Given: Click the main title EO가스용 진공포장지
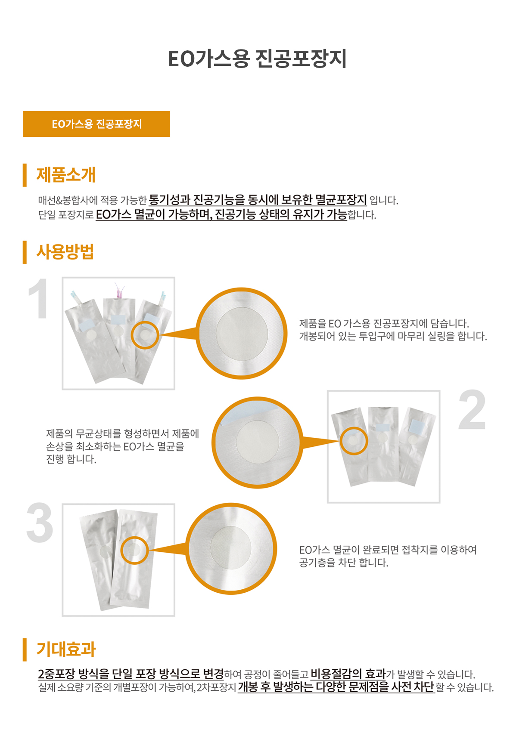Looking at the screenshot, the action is pos(257,59).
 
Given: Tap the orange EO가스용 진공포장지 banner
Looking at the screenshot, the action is pos(96,124).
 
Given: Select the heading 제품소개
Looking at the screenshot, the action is pos(66,175).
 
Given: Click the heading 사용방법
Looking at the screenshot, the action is pos(65,252).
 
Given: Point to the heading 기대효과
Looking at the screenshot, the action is pos(66,649).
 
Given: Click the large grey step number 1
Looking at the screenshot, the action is pos(39,299).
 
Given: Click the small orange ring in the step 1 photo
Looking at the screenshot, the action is pos(145,334).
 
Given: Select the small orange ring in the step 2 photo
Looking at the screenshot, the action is pos(354,441).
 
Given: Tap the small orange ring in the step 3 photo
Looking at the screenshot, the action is pos(134,550).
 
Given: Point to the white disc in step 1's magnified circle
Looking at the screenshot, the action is pos(242,333).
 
